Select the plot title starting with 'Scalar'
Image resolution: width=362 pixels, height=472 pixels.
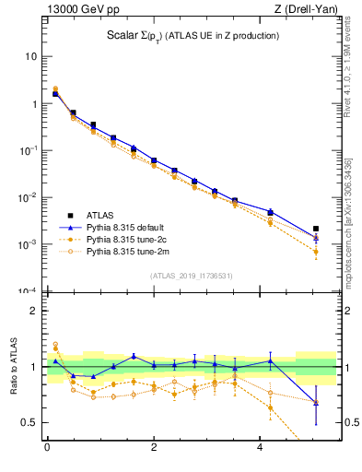(193, 36)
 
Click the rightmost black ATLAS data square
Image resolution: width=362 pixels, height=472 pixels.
(316, 229)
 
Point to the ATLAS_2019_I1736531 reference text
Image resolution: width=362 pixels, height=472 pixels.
(191, 276)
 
